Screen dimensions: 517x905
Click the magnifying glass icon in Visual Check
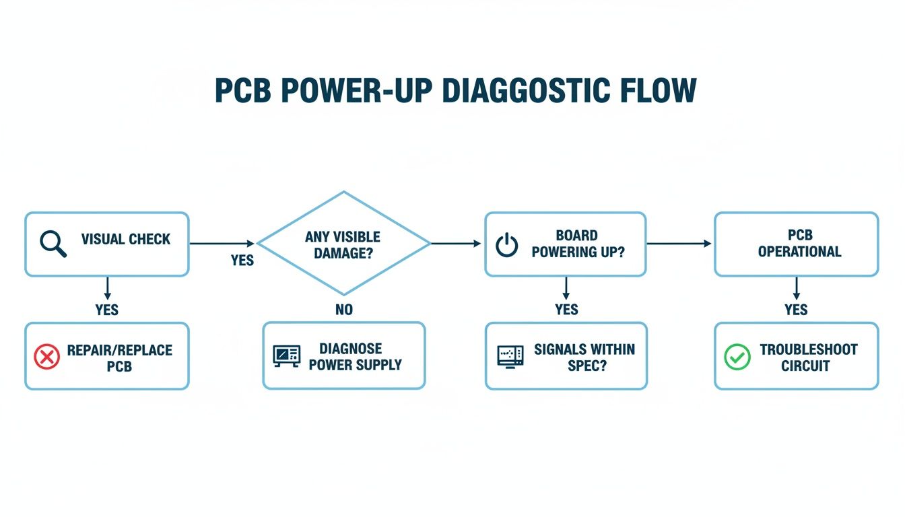pyautogui.click(x=53, y=243)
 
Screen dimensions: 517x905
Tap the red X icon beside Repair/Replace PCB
pyautogui.click(x=46, y=357)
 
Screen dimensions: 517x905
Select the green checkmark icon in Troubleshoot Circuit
pyautogui.click(x=737, y=357)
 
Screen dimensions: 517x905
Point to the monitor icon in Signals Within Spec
pyautogui.click(x=510, y=356)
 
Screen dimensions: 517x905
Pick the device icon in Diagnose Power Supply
pyautogui.click(x=287, y=356)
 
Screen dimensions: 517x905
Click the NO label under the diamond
pyautogui.click(x=343, y=310)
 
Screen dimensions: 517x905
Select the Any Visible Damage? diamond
pyautogui.click(x=343, y=244)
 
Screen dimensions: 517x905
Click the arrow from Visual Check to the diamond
pyautogui.click(x=222, y=243)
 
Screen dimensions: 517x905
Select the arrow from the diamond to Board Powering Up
pyautogui.click(x=457, y=243)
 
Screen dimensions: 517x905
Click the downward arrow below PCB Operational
pyautogui.click(x=796, y=288)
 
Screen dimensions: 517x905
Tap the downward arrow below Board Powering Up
pyautogui.click(x=566, y=288)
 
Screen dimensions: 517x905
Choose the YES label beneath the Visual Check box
pyautogui.click(x=106, y=310)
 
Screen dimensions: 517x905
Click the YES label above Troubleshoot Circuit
pyautogui.click(x=796, y=310)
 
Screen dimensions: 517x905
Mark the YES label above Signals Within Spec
pyautogui.click(x=566, y=310)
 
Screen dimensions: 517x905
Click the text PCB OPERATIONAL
pyautogui.click(x=799, y=244)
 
